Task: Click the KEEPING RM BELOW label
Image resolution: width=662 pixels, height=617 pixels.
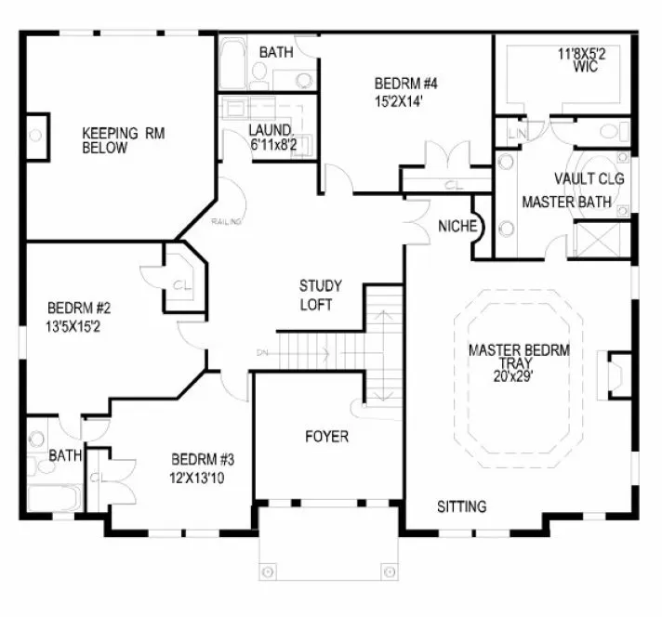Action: (122, 140)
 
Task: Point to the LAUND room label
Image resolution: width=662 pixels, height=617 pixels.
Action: (270, 130)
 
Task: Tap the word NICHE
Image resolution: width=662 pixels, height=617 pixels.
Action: (457, 226)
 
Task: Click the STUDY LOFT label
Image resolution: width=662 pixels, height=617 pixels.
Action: (319, 294)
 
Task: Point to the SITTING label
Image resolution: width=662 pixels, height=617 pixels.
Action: (462, 506)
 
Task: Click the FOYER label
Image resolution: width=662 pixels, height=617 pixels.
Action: (325, 436)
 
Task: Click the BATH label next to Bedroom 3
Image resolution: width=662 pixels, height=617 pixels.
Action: (64, 455)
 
